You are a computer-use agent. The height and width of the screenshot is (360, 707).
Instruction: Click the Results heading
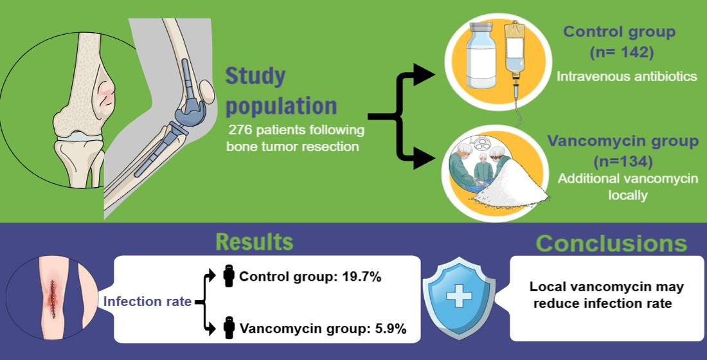point(255,242)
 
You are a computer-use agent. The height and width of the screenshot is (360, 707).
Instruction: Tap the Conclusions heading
point(611,244)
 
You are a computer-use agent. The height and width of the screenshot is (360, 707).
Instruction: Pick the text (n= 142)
point(622,52)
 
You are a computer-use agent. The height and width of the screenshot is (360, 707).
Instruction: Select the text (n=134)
point(623,161)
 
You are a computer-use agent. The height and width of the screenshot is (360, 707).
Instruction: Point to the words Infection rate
point(147,301)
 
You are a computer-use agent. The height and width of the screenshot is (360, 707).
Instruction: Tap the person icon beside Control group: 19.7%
point(229,276)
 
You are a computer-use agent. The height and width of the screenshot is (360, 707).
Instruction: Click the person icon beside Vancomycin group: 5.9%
point(229,328)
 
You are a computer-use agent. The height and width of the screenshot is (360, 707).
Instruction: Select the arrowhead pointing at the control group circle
point(424,75)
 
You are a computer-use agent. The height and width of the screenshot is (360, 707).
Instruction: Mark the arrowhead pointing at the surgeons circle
point(424,158)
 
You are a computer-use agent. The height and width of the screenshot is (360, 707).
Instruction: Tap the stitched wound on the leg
point(53,299)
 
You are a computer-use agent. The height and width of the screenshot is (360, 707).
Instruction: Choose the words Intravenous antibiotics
point(627,76)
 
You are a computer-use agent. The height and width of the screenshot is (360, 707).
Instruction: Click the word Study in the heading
point(255,76)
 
